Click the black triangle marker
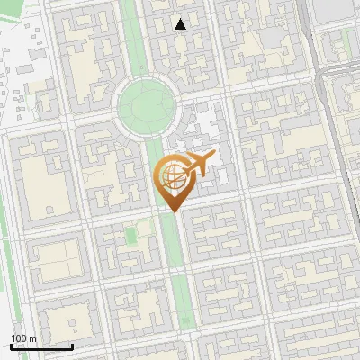tap(181, 24)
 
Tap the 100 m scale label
tap(23, 338)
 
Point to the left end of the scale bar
tap(12, 346)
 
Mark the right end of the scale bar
tap(73, 346)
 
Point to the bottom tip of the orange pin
tap(172, 211)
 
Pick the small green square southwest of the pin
tap(131, 235)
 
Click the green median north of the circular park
tap(131, 36)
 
